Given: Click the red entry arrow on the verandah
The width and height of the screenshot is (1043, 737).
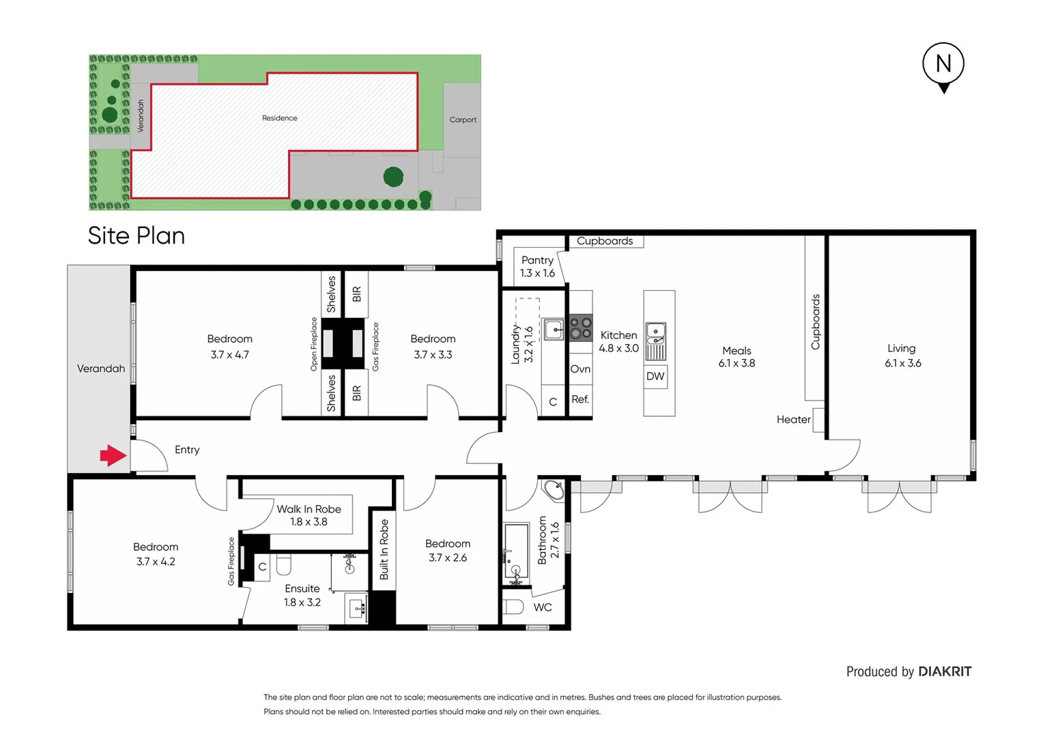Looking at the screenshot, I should pos(113,456).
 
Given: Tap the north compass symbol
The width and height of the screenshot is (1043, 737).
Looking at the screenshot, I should pos(943,66).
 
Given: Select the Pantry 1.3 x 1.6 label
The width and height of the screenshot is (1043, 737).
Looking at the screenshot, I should pos(537,267).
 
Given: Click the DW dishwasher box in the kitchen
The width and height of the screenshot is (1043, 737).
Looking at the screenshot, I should pos(655,377).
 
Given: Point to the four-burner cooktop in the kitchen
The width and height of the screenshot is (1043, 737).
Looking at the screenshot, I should pos(581,328).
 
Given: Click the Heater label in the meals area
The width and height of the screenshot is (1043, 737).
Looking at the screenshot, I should pos(793,420).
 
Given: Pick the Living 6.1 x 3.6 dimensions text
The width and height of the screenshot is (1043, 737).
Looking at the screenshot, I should pos(902,364).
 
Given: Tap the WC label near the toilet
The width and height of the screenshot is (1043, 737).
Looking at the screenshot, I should pos(543,607).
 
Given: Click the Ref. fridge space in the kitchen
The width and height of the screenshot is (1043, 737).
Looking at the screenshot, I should pos(580,400).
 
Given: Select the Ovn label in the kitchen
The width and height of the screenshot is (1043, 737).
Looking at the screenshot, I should pos(580,369).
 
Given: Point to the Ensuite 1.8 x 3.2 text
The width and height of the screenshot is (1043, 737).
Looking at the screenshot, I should pos(302,596).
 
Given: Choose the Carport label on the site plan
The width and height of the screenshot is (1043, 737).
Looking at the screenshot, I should pos(463,119).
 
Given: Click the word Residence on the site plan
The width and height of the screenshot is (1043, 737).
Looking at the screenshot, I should pos(280,118).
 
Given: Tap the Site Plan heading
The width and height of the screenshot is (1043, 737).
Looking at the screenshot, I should pos(137,236).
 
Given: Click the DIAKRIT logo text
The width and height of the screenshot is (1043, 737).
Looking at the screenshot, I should pos(945,671).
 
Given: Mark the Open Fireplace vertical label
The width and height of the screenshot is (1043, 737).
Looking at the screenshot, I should pos(314,344).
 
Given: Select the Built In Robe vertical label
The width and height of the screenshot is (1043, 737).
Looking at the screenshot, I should pos(384,549).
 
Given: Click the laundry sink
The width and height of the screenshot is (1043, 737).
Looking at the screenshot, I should pos(554,330).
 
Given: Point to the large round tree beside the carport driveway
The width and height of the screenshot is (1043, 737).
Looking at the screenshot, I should pos(393,177).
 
